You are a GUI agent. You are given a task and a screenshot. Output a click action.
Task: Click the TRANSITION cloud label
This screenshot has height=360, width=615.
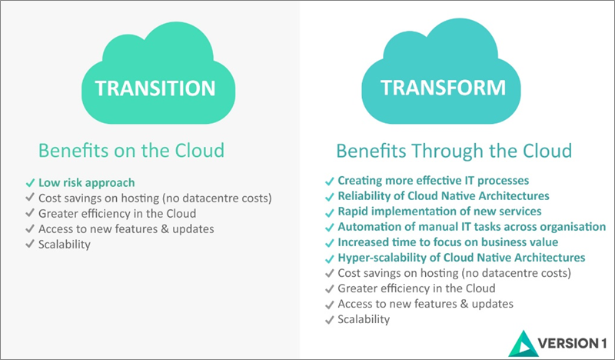(x=155, y=88)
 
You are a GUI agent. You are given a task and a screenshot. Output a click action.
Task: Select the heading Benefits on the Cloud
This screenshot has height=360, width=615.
(x=131, y=149)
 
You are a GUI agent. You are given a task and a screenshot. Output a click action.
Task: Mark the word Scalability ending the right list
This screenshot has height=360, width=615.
(x=364, y=319)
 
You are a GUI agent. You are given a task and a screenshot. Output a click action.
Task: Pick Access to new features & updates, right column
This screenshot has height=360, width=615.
(x=425, y=304)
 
